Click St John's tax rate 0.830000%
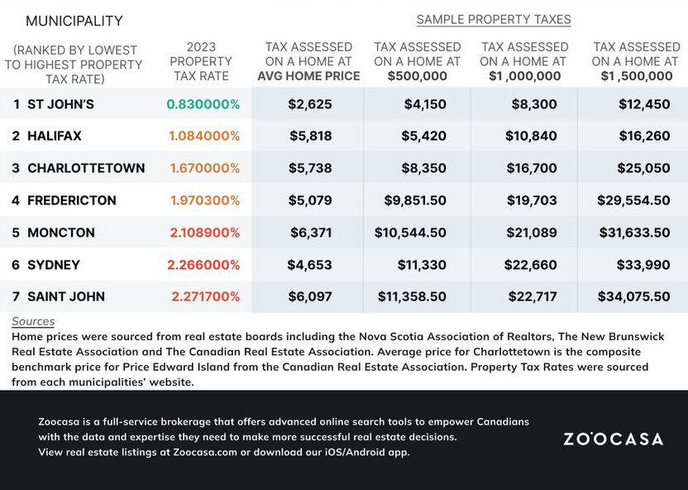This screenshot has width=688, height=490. click(203, 104)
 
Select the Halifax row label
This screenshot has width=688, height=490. click(55, 136)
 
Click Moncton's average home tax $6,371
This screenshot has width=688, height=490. click(311, 233)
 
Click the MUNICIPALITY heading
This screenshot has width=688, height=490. click(74, 21)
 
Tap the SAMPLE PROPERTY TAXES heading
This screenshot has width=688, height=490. click(494, 19)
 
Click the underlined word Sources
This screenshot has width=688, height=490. click(33, 321)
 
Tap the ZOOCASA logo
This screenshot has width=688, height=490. click(613, 439)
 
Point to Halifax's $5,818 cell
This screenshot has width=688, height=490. click(311, 136)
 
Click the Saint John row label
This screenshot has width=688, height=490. click(66, 296)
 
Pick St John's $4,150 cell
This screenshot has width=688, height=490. click(426, 104)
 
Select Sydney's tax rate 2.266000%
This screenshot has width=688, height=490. click(203, 265)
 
